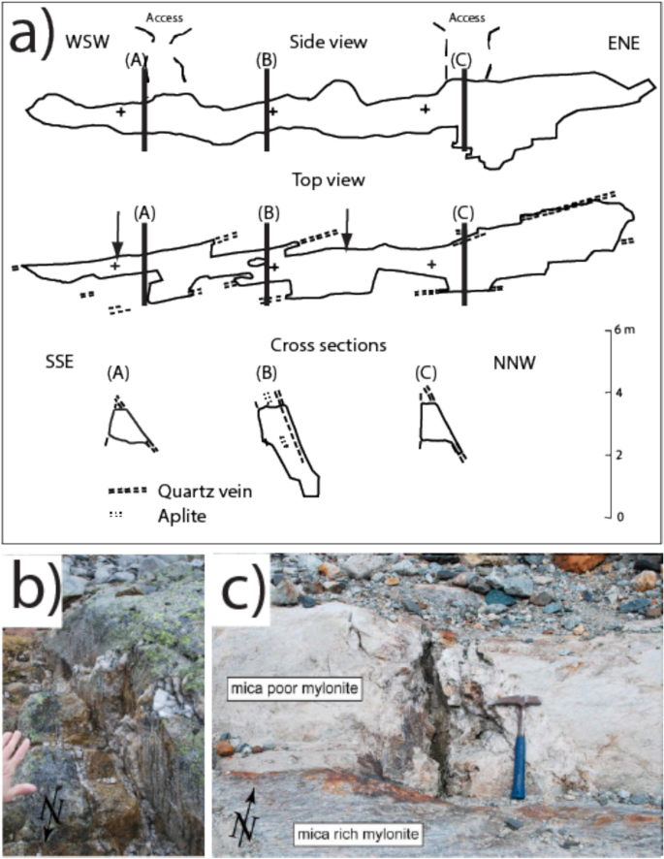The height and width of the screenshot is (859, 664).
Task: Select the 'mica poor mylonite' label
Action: (295, 689)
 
